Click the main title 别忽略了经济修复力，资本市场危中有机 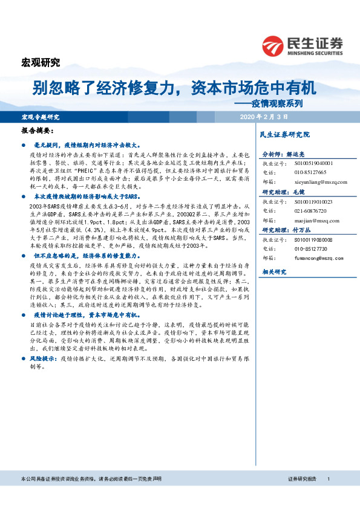coord(174,89)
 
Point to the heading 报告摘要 coord(38,131)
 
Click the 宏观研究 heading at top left coord(41,62)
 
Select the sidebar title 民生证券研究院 coord(284,134)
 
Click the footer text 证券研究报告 coord(302,479)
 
